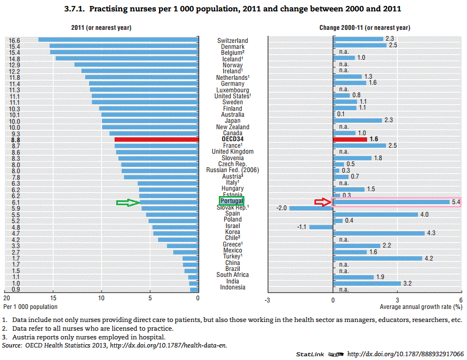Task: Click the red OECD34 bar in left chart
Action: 156,140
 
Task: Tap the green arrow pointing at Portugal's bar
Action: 128,203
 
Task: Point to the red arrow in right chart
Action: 323,202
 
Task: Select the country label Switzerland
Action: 232,41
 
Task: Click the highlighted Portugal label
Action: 231,201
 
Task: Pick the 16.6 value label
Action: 14,41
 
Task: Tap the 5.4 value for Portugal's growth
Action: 456,202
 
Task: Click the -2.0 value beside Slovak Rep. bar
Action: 281,208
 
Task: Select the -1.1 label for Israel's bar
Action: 301,226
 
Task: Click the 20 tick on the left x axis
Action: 7,298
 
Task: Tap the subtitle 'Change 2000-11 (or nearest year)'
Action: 364,28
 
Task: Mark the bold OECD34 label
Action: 232,140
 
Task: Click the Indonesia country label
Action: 232,288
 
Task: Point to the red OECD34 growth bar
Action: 350,140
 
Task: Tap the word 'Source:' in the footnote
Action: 13,345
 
